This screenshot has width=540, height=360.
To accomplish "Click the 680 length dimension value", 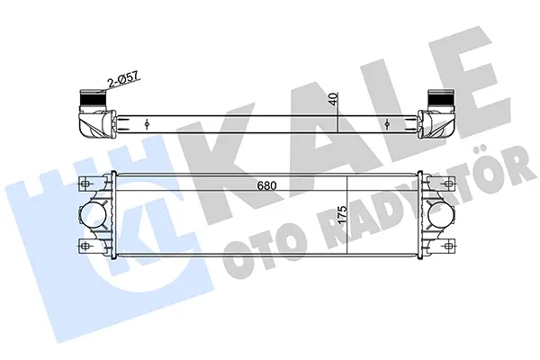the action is (267, 186).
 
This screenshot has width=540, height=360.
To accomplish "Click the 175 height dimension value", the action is (342, 215).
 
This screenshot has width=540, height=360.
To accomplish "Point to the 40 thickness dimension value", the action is (333, 99).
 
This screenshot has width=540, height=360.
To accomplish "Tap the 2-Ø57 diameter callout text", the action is (123, 79).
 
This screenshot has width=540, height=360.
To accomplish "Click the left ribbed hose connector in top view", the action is (91, 99).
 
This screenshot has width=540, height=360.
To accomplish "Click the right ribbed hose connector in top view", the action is (439, 99).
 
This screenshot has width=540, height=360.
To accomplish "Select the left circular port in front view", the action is (94, 214).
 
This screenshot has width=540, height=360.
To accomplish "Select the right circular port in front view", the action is (439, 214).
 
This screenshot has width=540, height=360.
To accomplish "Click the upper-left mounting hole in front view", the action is (85, 184).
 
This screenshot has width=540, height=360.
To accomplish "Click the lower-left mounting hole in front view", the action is (85, 246).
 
